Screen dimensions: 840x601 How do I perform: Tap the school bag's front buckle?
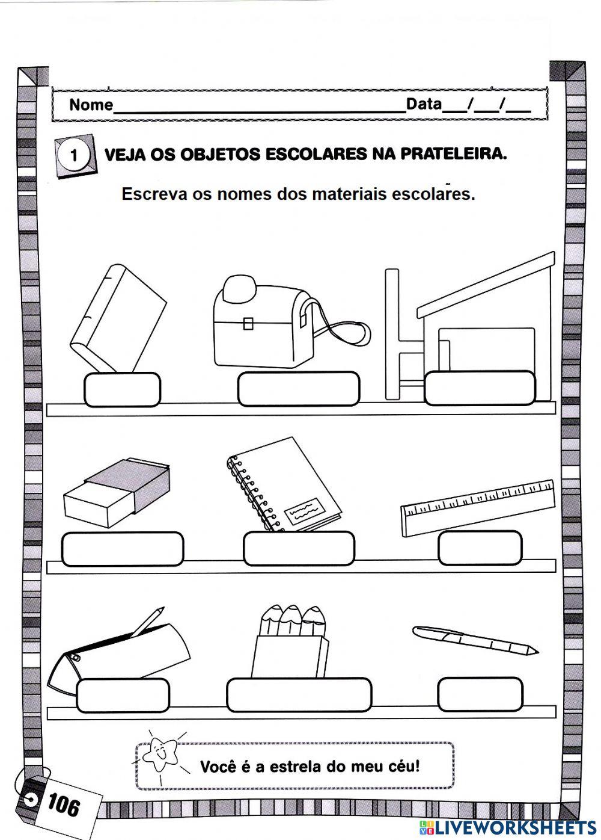click(248, 324)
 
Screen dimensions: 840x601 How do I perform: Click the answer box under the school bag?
click(299, 389)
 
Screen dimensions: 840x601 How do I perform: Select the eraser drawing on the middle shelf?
click(118, 492)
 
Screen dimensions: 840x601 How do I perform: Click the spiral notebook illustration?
click(282, 485)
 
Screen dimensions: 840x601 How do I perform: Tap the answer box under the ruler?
click(480, 548)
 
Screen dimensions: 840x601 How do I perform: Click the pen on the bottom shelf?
click(475, 640)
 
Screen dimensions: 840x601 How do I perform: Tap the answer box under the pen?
click(480, 694)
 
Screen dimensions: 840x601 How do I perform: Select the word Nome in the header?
click(91, 105)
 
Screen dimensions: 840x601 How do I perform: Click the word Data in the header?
click(424, 104)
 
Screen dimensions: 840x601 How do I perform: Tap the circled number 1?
click(75, 156)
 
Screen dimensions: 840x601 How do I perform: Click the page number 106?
click(63, 804)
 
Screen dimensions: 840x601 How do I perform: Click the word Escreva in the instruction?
click(154, 194)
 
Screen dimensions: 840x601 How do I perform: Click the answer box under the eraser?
click(122, 549)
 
